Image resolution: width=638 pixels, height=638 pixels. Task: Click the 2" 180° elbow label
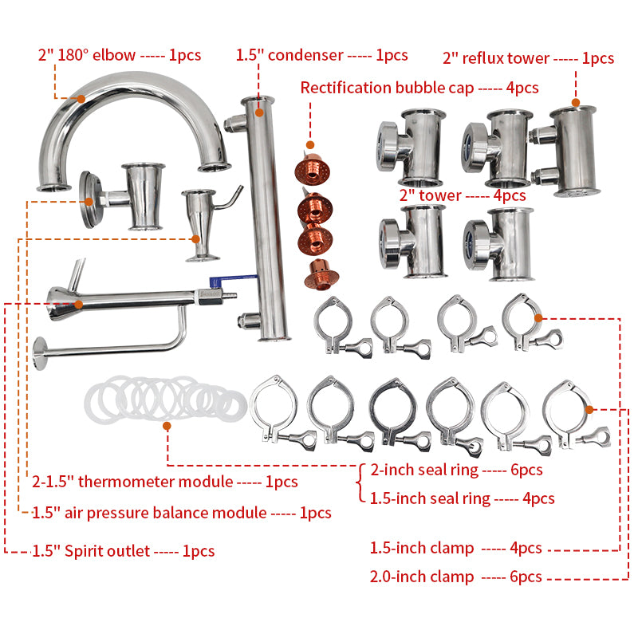120,56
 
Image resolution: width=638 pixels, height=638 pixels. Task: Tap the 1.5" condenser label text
321,55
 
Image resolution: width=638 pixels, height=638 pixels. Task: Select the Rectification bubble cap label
419,87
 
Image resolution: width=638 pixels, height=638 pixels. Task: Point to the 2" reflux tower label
528,57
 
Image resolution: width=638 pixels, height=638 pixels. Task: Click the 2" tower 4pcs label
462,195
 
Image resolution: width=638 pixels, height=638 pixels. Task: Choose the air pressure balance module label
182,513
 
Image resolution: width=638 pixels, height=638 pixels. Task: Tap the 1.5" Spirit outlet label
124,550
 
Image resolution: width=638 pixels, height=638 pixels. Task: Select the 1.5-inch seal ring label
463,498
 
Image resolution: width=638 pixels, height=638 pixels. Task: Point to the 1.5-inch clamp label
455,548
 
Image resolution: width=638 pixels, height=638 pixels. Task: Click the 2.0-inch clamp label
455,577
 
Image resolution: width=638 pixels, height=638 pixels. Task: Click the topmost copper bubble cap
313,169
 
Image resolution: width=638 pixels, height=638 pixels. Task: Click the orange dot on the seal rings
167,427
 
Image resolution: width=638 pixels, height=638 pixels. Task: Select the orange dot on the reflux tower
575,103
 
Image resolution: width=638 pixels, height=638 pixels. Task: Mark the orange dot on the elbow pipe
81,99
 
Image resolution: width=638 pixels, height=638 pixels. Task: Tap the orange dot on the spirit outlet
78,304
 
